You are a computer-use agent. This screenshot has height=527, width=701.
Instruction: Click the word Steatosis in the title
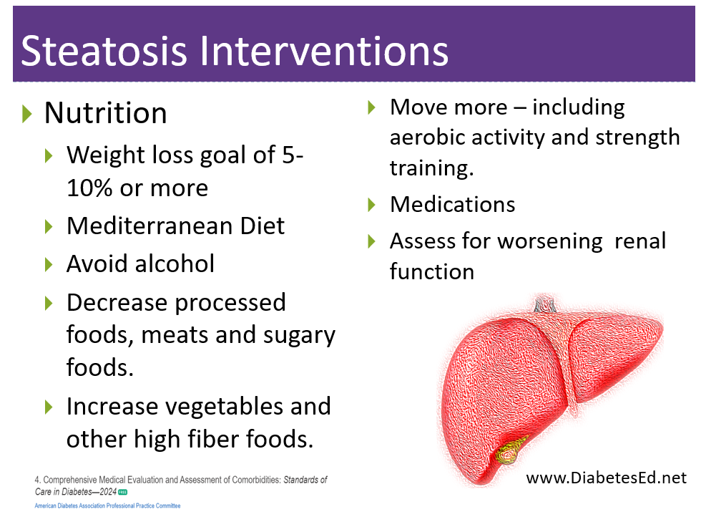104,51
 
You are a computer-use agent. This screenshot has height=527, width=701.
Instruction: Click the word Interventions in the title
323,51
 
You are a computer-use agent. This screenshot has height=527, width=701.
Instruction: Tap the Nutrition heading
106,112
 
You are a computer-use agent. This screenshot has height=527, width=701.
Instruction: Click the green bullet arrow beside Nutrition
27,114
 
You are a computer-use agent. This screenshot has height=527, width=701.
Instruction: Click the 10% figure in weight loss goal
89,188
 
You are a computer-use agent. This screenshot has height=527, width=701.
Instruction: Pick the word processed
230,304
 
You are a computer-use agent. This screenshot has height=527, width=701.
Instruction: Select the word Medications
452,205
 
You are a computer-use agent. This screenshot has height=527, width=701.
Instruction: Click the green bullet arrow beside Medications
371,205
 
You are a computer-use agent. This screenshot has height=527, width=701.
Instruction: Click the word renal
640,241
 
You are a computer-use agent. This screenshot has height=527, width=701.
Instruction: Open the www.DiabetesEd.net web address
607,478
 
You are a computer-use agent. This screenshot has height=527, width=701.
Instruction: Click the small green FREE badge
122,492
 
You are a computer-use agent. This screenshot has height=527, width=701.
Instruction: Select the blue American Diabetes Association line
108,506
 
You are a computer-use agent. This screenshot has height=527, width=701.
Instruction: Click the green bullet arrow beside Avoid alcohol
49,264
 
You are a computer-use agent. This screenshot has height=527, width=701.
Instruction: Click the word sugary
299,336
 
